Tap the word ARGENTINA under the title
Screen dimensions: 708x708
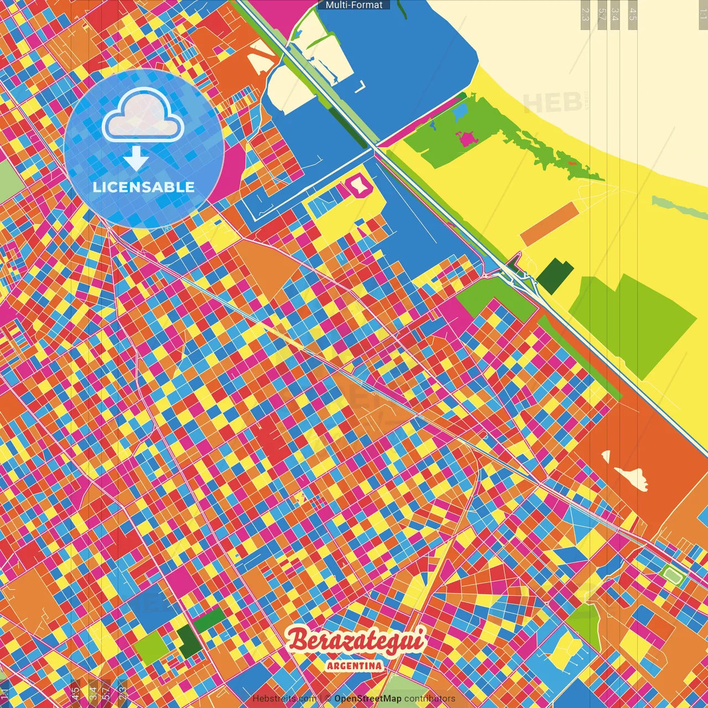[355, 665]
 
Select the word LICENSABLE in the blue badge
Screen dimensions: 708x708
[144, 187]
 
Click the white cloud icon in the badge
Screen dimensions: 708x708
[143, 115]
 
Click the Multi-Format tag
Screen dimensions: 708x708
[354, 5]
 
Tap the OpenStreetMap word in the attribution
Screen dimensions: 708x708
[367, 699]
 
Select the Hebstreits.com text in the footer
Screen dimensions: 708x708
[284, 699]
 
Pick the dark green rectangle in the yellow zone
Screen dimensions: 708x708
[555, 276]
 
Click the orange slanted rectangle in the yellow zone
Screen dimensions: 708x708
[549, 223]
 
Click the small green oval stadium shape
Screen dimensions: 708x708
[672, 575]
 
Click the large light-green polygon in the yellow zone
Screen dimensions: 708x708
[636, 321]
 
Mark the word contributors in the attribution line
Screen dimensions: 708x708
[429, 699]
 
